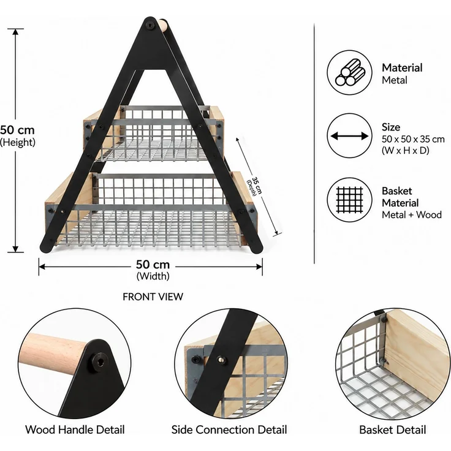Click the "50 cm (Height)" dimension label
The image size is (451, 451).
point(17,136)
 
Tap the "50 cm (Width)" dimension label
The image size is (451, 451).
point(153,270)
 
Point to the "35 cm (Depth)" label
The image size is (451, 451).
point(254,186)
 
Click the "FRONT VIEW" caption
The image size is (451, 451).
point(153,297)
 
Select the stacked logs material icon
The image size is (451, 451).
point(349,72)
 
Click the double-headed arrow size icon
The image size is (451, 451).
point(349,136)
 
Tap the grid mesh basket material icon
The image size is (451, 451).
point(349,200)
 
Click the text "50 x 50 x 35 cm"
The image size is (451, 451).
point(413,139)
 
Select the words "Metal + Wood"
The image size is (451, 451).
point(412,214)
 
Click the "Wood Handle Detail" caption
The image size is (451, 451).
point(75,430)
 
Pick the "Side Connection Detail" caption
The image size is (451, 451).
point(229,430)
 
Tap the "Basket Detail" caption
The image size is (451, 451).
point(393,430)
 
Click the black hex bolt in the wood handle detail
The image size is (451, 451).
point(97,360)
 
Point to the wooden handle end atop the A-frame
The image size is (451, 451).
point(162,25)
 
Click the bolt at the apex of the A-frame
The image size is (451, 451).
point(150,25)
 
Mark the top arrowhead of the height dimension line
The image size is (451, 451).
point(15,32)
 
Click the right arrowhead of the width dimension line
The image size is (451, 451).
point(259,267)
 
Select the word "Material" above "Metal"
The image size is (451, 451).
point(402,68)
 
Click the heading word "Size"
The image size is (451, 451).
point(391,127)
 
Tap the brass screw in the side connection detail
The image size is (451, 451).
point(221,359)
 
